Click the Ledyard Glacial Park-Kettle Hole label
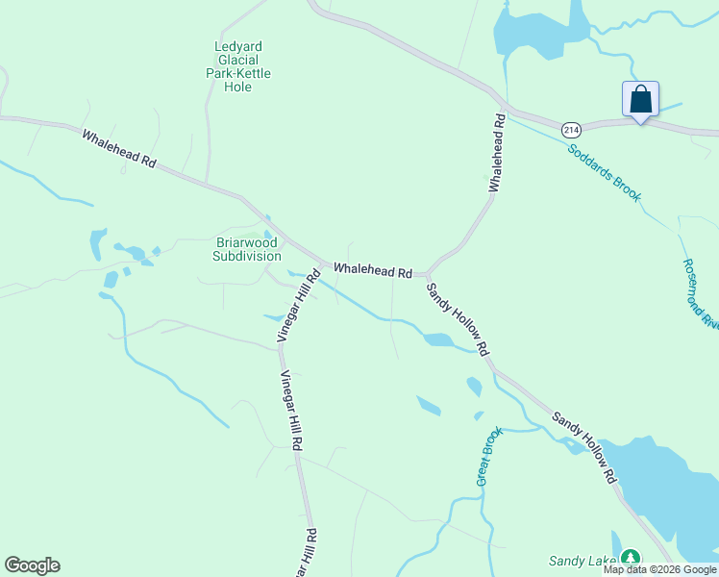coord(238,66)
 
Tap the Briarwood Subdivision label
coord(247,250)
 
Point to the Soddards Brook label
coord(604,171)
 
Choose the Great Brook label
coord(488,457)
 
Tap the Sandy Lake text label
coord(582,561)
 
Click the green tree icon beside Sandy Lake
coord(631,558)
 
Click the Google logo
coord(32,565)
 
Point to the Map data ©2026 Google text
coord(659,569)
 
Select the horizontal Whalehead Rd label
coord(373,272)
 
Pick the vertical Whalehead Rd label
coord(496,153)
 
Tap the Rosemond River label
coord(701,292)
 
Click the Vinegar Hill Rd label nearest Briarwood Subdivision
coord(298,306)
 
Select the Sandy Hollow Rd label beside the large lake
coord(583,448)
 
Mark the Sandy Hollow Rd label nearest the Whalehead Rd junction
coord(458,317)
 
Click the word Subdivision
coord(247,257)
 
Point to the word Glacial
coord(238,60)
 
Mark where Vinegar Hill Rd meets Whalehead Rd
coord(319,263)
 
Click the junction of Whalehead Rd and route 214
coord(504,105)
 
